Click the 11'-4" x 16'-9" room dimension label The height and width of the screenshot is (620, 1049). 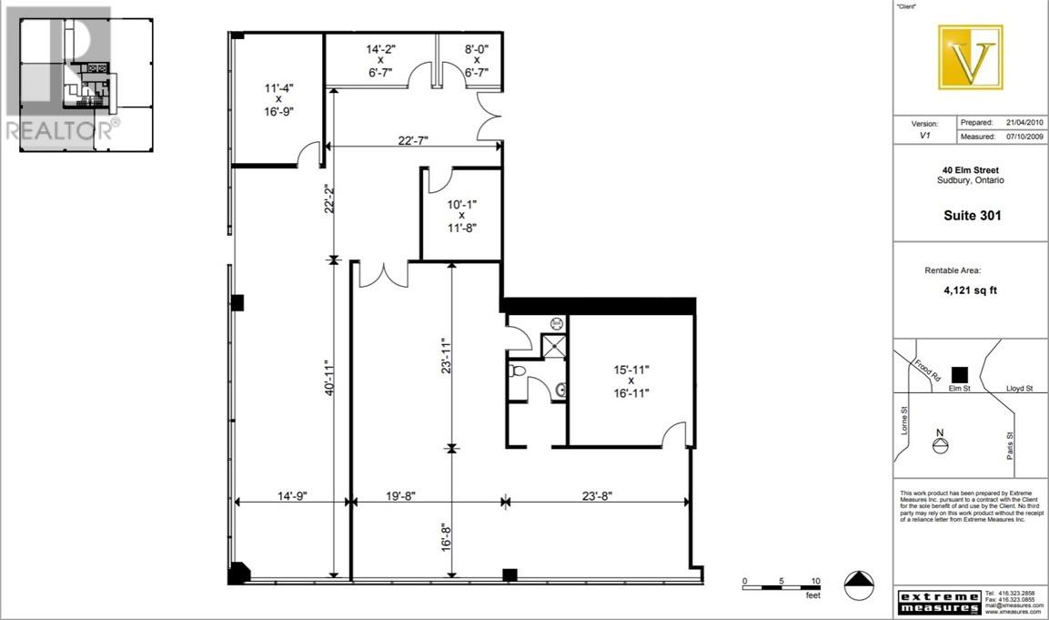pyautogui.click(x=279, y=99)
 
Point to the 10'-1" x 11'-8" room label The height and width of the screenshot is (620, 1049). pyautogui.click(x=461, y=216)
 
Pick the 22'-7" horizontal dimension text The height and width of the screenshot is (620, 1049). pyautogui.click(x=413, y=140)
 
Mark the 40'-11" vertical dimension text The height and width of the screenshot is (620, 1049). pyautogui.click(x=331, y=375)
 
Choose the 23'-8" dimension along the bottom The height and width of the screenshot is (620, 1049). pyautogui.click(x=595, y=496)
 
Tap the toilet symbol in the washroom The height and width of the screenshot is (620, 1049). pyautogui.click(x=517, y=371)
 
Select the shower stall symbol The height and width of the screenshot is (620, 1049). pyautogui.click(x=552, y=348)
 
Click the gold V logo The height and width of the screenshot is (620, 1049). pyautogui.click(x=971, y=57)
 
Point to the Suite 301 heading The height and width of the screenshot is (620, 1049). pyautogui.click(x=971, y=216)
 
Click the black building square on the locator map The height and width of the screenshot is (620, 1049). pyautogui.click(x=957, y=373)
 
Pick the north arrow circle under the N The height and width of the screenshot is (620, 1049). pyautogui.click(x=941, y=446)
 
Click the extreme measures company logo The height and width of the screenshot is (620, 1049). pyautogui.click(x=939, y=602)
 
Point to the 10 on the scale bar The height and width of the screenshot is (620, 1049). pyautogui.click(x=816, y=581)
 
